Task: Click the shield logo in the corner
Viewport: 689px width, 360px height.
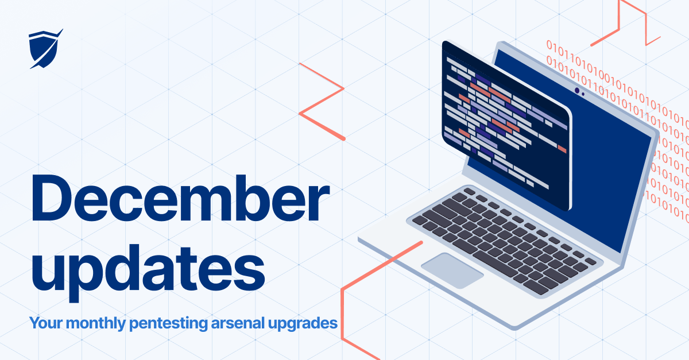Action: click(44, 49)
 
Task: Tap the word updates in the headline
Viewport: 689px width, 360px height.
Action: click(146, 269)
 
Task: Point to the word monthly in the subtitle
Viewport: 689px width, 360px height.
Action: click(96, 323)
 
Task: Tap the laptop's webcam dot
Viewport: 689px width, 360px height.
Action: click(577, 90)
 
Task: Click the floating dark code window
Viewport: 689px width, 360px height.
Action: click(505, 126)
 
